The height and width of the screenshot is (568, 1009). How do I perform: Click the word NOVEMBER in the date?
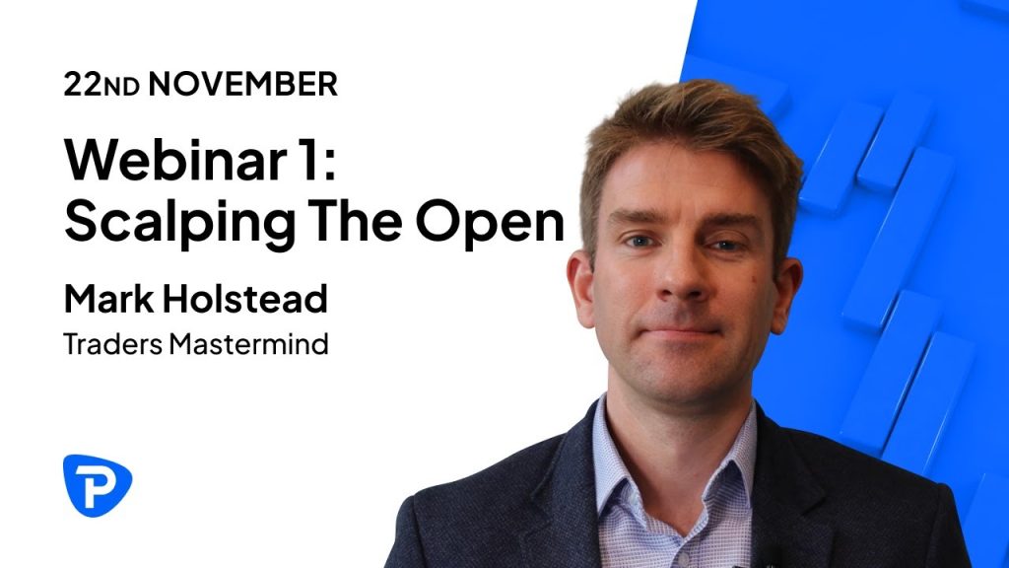click(242, 85)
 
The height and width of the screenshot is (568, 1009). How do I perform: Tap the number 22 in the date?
click(83, 85)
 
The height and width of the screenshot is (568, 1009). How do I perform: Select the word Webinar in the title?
click(175, 159)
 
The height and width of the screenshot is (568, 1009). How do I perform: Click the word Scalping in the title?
click(179, 223)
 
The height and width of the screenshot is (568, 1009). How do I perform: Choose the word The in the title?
click(356, 220)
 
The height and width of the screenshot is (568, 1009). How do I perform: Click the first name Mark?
click(108, 299)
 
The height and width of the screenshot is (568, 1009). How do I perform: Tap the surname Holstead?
click(244, 299)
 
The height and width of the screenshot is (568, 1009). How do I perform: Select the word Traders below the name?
click(112, 344)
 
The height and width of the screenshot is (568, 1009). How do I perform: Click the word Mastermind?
click(248, 344)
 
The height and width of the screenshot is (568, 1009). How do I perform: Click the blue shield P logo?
click(98, 485)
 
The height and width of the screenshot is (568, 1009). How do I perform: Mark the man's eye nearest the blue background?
click(724, 245)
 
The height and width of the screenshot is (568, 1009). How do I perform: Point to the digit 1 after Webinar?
click(308, 159)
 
